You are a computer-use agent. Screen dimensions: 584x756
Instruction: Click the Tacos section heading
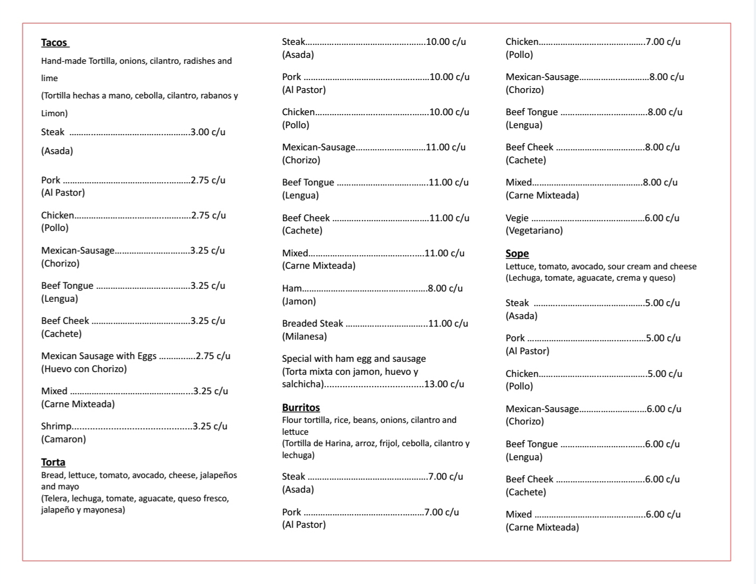[55, 43]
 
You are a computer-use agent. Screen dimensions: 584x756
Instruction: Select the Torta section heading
[53, 462]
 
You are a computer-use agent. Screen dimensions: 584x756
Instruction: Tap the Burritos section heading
[301, 408]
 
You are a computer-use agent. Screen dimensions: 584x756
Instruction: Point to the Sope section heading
[517, 254]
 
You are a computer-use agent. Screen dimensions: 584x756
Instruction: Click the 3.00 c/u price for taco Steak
[208, 132]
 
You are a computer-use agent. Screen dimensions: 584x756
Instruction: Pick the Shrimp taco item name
[56, 426]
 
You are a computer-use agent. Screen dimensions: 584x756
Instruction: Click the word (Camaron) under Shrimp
[63, 439]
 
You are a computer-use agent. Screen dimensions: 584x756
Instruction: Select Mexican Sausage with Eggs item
[99, 356]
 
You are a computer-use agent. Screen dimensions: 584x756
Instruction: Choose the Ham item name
[292, 288]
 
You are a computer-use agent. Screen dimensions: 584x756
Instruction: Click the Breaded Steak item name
[312, 323]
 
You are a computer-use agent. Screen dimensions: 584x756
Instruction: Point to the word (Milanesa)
[304, 336]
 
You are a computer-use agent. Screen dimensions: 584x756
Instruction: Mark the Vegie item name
[517, 218]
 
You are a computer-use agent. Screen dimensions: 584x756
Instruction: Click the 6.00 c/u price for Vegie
[662, 218]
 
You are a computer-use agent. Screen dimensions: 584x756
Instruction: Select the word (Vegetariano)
[534, 230]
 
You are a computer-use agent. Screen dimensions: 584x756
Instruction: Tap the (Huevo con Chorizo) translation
[84, 369]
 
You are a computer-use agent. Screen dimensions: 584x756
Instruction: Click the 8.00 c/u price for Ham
[445, 288]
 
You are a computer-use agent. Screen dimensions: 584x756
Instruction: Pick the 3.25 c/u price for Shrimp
[210, 426]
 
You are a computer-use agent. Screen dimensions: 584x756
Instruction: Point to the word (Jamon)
[299, 301]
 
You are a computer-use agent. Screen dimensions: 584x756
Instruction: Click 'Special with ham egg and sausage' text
[354, 359]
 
